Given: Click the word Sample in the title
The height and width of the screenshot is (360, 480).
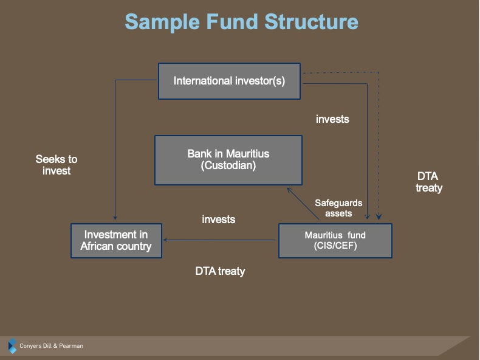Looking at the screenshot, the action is pos(162,22).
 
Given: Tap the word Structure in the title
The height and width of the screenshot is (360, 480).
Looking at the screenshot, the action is pos(311,22).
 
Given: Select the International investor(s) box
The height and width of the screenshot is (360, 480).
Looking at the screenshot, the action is pos(229,81).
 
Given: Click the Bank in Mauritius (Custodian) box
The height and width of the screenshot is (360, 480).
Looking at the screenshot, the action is pos(228,161).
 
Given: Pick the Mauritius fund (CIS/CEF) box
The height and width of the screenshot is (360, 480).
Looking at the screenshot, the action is pos(335,241).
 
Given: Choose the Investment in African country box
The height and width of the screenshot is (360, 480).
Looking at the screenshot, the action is pos(116,241).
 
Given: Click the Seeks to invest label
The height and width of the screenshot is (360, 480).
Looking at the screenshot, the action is pos(57,165).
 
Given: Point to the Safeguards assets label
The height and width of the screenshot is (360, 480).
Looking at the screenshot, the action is pos(338,208).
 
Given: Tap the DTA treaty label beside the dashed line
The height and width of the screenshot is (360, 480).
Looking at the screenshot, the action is pos(429,182).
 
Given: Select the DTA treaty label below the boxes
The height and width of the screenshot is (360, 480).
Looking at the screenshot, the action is pos(221,271).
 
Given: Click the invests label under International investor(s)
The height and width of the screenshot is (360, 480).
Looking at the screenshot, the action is pos(332,119).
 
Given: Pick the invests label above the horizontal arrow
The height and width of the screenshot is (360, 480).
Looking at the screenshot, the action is pos(219,220).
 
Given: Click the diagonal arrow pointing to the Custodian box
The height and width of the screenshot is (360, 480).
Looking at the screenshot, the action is pos(303,204).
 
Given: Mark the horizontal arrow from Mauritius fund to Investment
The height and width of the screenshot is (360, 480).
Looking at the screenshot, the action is pos(219,240).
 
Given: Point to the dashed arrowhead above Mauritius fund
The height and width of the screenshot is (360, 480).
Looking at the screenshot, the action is pos(379,216).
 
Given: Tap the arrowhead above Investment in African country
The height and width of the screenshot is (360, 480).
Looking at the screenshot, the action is pos(115,218).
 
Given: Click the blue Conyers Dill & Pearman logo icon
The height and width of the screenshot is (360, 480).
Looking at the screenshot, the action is pos(12,346).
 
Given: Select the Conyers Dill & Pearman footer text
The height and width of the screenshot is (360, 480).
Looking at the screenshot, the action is pos(52,346).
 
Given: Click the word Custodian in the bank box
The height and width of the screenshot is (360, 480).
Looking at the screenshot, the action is pos(228,166).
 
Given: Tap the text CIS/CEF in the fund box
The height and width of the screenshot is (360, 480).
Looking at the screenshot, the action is pos(335,246).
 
